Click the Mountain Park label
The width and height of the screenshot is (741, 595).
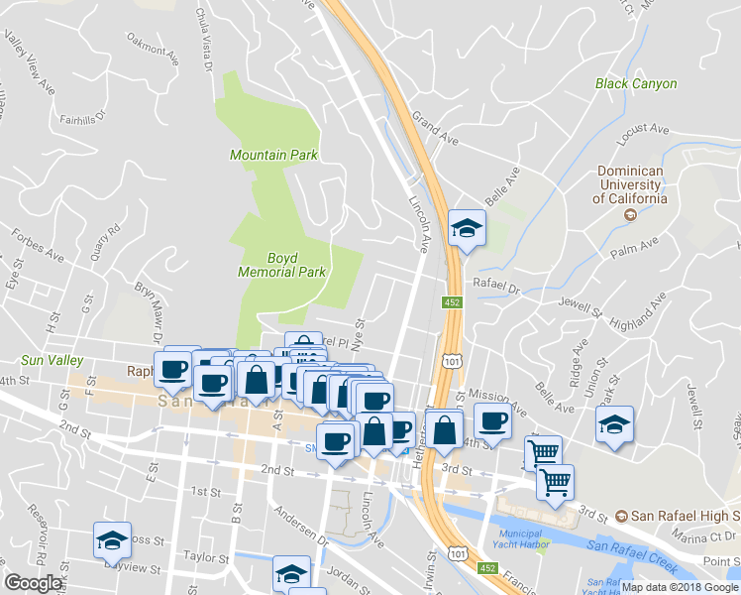pyautogui.click(x=273, y=155)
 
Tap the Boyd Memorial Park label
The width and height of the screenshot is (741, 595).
pyautogui.click(x=282, y=264)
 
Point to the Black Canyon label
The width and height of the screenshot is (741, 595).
pyautogui.click(x=636, y=84)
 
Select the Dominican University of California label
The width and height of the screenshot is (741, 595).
pyautogui.click(x=630, y=184)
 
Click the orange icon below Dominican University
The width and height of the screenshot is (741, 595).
pyautogui.click(x=627, y=214)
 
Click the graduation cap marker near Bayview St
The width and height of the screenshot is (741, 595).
pyautogui.click(x=112, y=540)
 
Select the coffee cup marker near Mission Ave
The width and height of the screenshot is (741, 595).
pyautogui.click(x=492, y=420)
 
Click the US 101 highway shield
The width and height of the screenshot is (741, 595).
pyautogui.click(x=452, y=364)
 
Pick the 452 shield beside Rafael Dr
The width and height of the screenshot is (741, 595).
pyautogui.click(x=452, y=301)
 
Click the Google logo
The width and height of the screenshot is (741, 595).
pyautogui.click(x=33, y=583)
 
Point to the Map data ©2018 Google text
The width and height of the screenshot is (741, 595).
pyautogui.click(x=681, y=587)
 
